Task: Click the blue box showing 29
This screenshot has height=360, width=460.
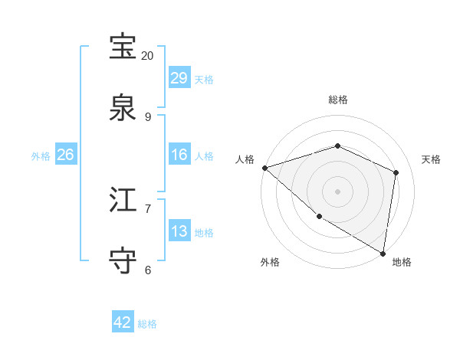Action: point(179,78)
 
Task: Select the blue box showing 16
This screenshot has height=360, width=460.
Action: point(179,155)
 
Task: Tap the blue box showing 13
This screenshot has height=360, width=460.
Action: point(179,231)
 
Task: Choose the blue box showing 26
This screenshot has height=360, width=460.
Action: point(65,155)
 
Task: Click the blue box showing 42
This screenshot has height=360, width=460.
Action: point(123,322)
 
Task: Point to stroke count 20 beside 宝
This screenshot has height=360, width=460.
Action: point(148,56)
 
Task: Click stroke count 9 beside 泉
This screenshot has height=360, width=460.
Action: point(148,117)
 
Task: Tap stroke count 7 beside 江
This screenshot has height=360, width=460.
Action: point(148,208)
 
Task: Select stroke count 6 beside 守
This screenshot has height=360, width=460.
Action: point(148,270)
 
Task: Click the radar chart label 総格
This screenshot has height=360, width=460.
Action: point(338,100)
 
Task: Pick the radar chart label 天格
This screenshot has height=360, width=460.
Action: point(431,159)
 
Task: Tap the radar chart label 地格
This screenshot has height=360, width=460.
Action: point(402,262)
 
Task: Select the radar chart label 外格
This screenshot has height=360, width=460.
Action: point(270,262)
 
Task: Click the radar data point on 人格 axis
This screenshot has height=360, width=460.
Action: point(264,168)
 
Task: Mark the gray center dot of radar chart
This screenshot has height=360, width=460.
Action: point(337,191)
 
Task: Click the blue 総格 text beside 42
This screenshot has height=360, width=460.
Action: point(147,324)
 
